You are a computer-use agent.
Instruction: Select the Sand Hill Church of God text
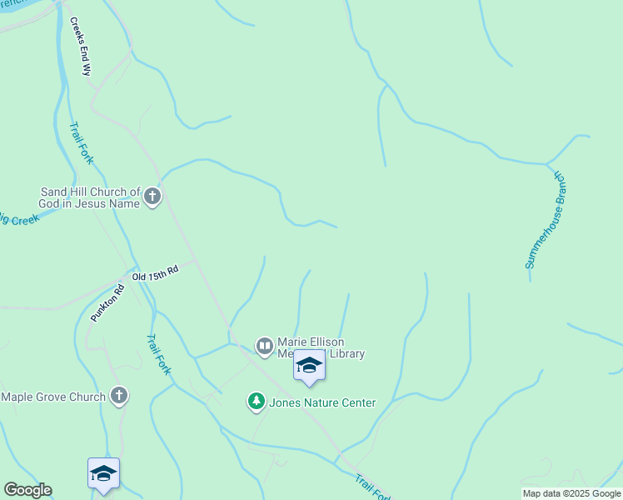click(x=91, y=197)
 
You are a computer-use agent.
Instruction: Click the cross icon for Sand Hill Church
click(x=152, y=197)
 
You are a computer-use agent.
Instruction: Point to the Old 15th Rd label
click(x=156, y=272)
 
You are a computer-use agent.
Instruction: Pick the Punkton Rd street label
click(x=107, y=304)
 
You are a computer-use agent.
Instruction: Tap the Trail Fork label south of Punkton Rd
click(x=158, y=354)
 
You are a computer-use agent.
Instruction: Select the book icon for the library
click(x=264, y=346)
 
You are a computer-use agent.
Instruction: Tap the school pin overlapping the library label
click(x=310, y=367)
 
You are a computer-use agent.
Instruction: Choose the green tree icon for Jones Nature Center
click(x=256, y=402)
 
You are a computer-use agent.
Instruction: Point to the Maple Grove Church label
click(x=53, y=397)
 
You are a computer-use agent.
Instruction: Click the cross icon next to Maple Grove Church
click(x=119, y=396)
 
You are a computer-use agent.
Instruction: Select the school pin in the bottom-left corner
click(x=103, y=474)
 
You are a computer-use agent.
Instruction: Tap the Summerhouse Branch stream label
click(x=545, y=221)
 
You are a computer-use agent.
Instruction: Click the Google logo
click(x=27, y=490)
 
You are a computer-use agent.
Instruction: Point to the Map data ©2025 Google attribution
click(x=571, y=493)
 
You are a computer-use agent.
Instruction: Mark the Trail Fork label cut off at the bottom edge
click(x=372, y=488)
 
